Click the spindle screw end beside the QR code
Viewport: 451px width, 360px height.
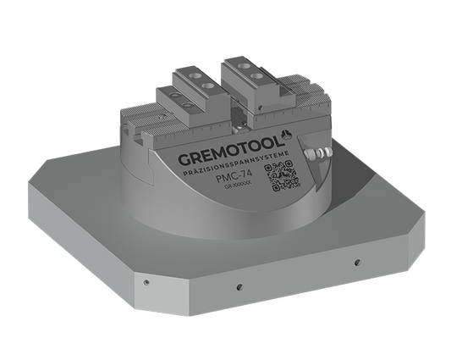click(x=320, y=153)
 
